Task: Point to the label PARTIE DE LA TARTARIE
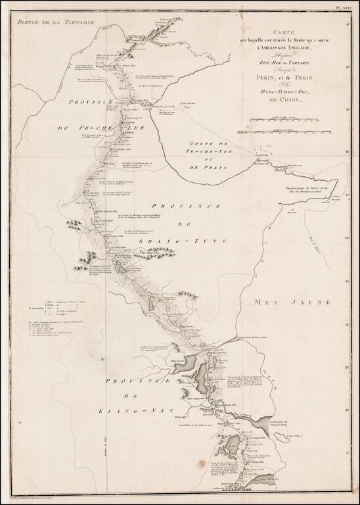[55, 22]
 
